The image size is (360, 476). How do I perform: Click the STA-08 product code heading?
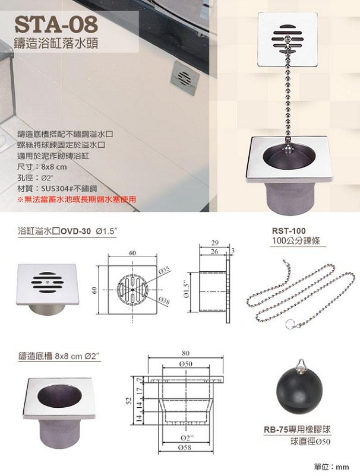click(x=56, y=25)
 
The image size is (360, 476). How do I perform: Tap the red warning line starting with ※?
click(x=77, y=200)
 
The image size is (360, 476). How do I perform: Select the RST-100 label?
click(x=289, y=231)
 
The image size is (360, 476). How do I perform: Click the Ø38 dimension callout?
click(x=164, y=300)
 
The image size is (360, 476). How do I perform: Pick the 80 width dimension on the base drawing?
click(x=185, y=353)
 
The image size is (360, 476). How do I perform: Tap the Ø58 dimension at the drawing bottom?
click(x=185, y=448)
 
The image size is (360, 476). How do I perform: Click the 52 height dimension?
click(x=129, y=401)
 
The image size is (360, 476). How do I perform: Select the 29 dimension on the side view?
click(x=214, y=243)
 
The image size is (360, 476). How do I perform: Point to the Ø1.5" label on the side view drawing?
click(x=188, y=291)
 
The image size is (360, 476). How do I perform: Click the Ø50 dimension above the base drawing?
click(x=185, y=364)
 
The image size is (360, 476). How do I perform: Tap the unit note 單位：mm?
click(x=331, y=467)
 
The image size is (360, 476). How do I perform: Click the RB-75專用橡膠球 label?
click(x=297, y=430)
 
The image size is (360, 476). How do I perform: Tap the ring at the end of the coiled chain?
click(x=290, y=323)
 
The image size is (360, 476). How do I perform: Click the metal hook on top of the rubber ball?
click(x=301, y=364)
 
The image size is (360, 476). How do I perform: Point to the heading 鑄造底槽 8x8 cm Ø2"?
click(x=59, y=356)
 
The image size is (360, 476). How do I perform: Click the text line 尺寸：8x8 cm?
click(x=42, y=167)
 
